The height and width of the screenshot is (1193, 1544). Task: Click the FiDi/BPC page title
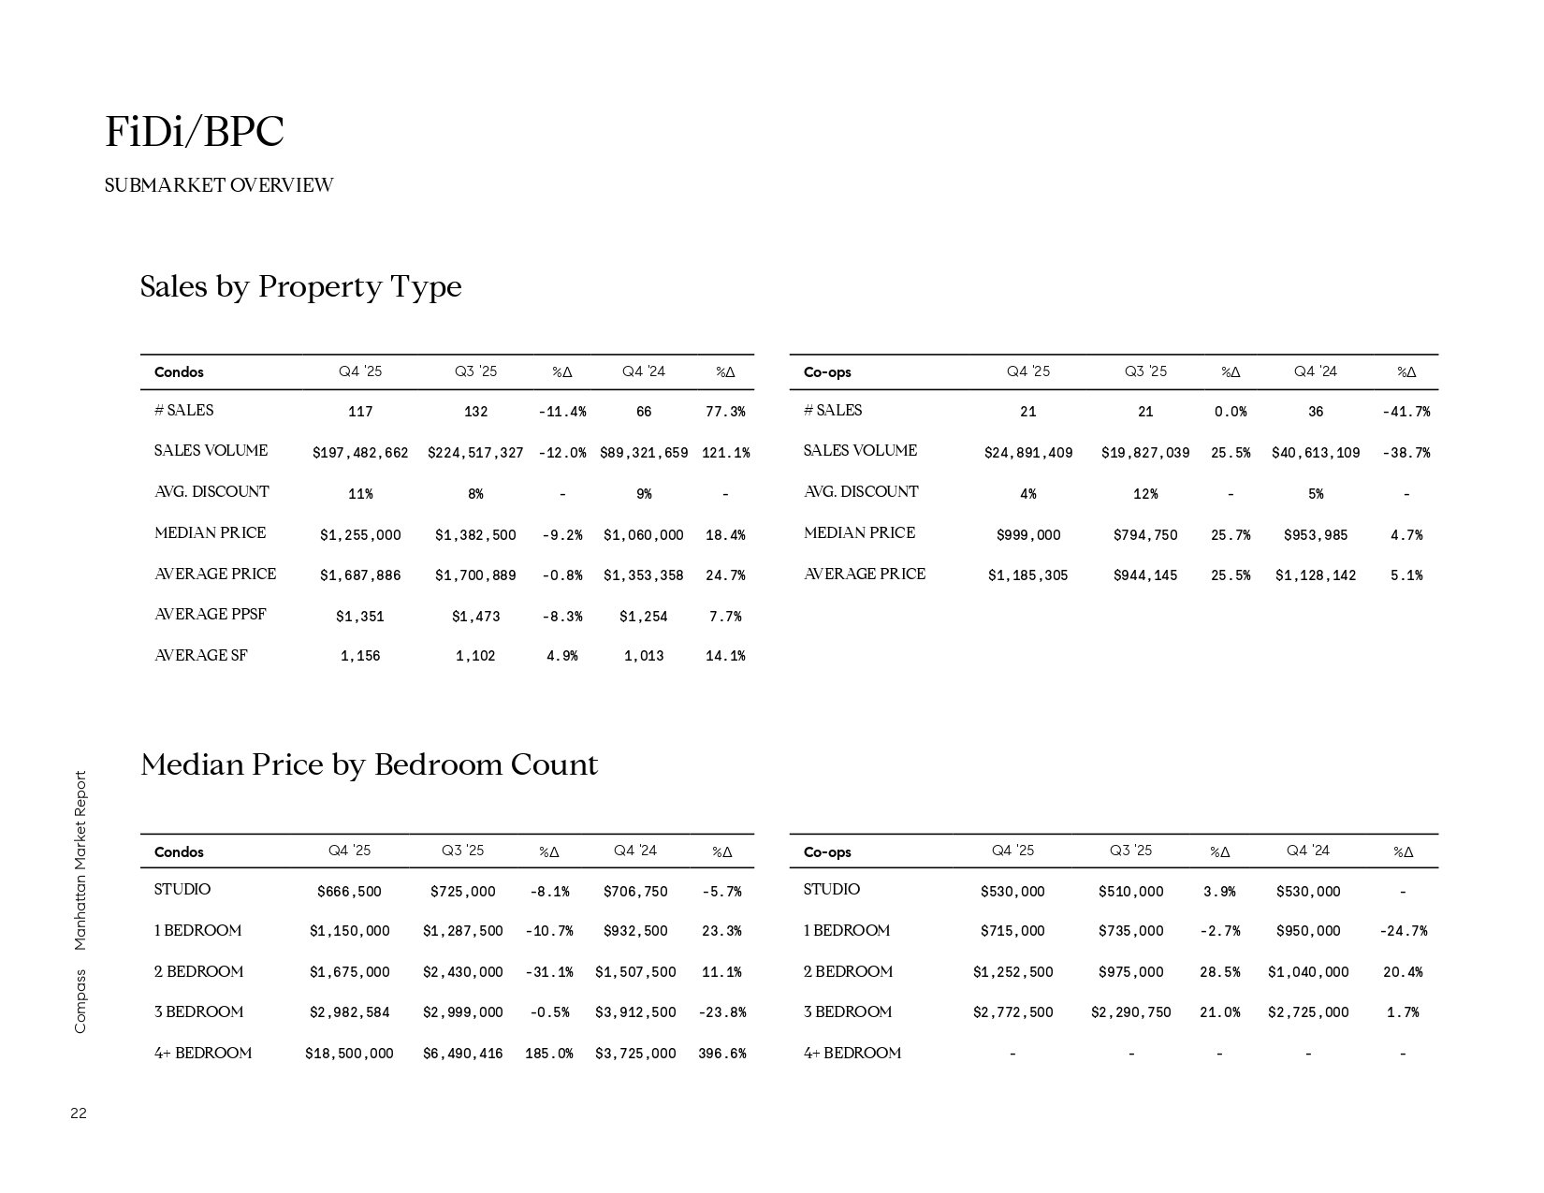[x=195, y=132]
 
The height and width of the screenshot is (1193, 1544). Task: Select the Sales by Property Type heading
[x=300, y=286]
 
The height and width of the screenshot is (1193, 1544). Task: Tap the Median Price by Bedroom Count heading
[x=369, y=765]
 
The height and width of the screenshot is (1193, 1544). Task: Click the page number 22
[x=79, y=1113]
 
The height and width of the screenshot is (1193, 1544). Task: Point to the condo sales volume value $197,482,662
[x=360, y=453]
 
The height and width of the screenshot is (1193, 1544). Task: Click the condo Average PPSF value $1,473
[x=475, y=617]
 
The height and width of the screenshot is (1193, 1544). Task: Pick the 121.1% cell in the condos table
[x=725, y=453]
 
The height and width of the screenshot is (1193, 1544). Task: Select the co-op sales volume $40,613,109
[x=1315, y=453]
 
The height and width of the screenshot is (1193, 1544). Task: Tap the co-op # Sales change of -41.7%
[x=1406, y=412]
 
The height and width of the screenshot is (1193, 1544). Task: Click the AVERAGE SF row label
[x=201, y=656]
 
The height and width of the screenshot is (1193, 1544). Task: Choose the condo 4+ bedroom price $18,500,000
[x=349, y=1054]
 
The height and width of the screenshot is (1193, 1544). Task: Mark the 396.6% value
[x=721, y=1054]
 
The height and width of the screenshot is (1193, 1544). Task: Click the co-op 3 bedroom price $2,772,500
[x=1012, y=1012]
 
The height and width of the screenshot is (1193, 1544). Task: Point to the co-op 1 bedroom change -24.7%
[x=1403, y=931]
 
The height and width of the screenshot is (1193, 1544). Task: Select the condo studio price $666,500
[x=349, y=892]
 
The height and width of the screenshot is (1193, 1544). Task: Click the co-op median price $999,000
[x=1028, y=535]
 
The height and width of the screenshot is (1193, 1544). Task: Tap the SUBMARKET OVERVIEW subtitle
[x=219, y=185]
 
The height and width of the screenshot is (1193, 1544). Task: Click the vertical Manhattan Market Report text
[x=80, y=860]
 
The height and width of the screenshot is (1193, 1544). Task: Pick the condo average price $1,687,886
[x=360, y=575]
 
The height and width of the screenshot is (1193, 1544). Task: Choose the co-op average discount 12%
[x=1145, y=494]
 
